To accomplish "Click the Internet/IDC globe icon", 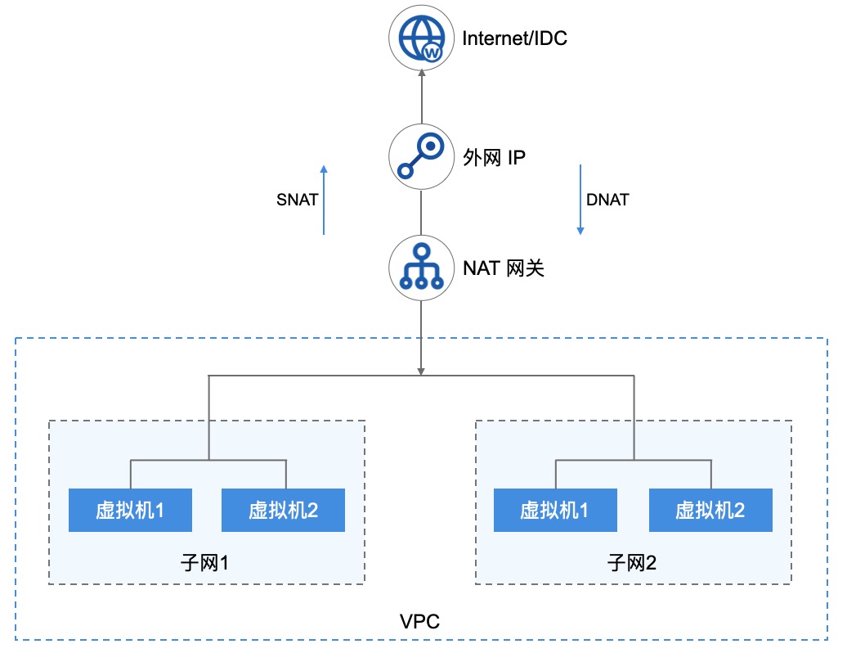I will click(420, 38).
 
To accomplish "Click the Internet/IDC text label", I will click(514, 38).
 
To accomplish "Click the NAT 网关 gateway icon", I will click(420, 267).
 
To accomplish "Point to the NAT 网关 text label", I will click(503, 268).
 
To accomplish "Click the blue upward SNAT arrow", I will click(324, 200).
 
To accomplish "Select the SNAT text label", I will click(298, 200).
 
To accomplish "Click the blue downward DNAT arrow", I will click(580, 200).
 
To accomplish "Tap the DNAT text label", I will click(607, 200).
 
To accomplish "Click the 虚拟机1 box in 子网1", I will click(130, 511).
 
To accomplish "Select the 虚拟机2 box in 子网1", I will click(284, 511).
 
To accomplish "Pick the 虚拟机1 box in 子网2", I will click(555, 511).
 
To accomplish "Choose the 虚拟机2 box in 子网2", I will click(710, 511).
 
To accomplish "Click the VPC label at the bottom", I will click(420, 622).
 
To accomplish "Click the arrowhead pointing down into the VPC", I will click(420, 370).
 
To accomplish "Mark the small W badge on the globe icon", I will click(433, 52).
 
